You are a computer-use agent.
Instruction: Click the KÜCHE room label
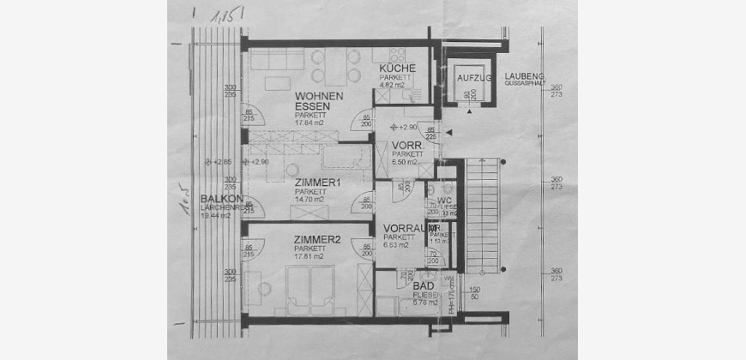pos(399,69)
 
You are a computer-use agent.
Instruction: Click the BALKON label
pos(216,199)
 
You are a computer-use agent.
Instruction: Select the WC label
pos(444,200)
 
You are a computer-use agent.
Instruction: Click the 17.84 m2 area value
pos(310,123)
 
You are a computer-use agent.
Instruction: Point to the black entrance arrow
pos(448,134)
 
